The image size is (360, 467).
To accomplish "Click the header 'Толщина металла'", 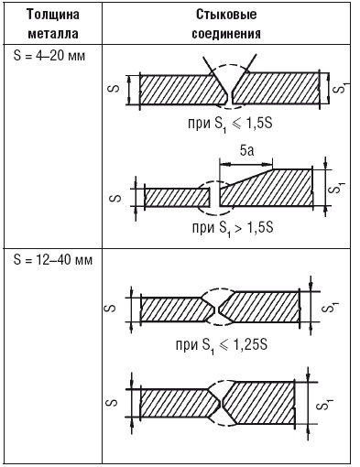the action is (x=53, y=24).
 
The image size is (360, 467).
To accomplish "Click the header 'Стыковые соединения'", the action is (x=226, y=24).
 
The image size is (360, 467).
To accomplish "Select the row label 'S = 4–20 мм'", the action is (x=49, y=56).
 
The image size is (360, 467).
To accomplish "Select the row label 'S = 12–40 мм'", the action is (x=53, y=260).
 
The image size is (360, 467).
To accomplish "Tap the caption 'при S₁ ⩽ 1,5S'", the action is (x=230, y=124).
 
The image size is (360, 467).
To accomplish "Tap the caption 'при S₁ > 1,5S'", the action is (x=233, y=228).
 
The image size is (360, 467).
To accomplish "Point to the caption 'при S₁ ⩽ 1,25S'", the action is (x=222, y=345).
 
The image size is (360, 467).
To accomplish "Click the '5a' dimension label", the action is (x=246, y=151).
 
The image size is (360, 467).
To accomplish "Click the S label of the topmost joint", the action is (x=114, y=89).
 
